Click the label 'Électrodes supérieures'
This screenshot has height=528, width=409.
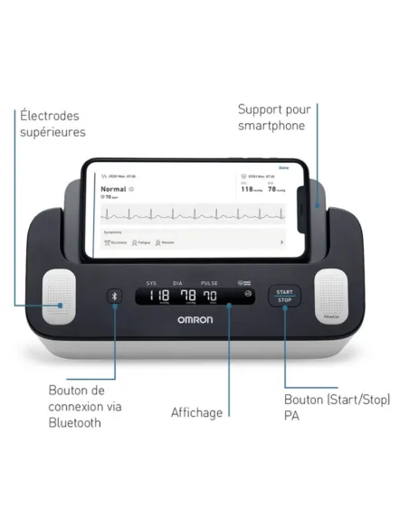coord(52,124)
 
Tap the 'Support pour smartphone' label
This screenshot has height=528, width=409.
coord(271,118)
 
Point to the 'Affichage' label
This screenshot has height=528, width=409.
coord(196,412)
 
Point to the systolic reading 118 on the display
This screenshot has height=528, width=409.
coord(159,297)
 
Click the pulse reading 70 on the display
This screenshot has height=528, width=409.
coord(210,297)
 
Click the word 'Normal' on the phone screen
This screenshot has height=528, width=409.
coord(112,189)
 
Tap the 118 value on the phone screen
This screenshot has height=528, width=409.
coord(245,188)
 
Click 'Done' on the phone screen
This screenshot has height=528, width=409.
coord(282,167)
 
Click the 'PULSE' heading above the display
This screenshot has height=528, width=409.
coord(209,282)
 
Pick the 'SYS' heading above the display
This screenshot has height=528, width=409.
coord(151,282)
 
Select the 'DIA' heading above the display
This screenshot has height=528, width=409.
coord(178,282)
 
